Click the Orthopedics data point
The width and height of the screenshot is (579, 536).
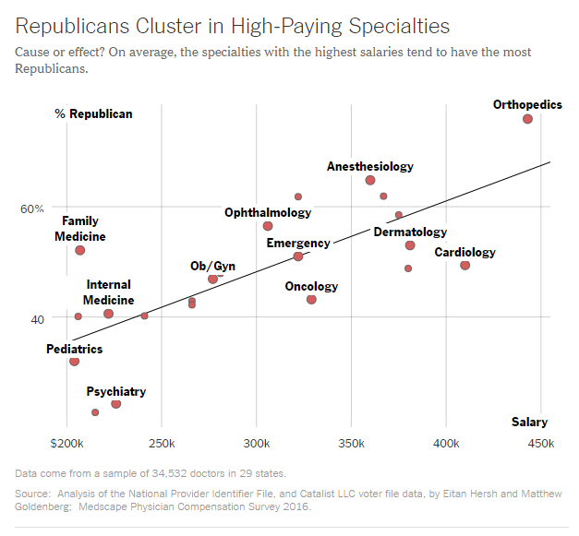[527, 119]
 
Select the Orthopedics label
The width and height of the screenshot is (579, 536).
[527, 104]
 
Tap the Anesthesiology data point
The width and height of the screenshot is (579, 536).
[370, 180]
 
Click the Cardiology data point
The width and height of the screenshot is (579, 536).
[464, 265]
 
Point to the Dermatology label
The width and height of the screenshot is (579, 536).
[410, 232]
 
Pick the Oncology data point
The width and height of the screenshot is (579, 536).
[311, 299]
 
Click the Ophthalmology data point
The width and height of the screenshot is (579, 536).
[268, 226]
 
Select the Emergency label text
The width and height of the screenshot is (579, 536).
[298, 243]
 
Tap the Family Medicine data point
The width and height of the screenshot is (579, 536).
[79, 250]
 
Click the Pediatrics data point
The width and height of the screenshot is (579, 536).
[74, 361]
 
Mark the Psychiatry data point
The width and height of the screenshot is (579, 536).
[115, 404]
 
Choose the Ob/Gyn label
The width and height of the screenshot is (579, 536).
[212, 266]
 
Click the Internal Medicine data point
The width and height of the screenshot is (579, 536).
[108, 314]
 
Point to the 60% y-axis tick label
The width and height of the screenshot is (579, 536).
[32, 208]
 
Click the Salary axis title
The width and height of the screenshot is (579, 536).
[529, 422]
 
